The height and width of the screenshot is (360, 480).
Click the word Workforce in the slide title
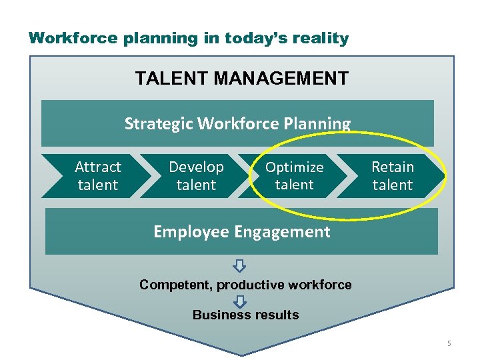click(74, 38)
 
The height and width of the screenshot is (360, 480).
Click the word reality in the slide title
click(322, 39)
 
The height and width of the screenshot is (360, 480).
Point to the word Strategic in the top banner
click(159, 124)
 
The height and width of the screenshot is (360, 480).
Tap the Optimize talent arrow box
click(294, 176)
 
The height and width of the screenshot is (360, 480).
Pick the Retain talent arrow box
click(392, 176)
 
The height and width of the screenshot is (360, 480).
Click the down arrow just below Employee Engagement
click(240, 267)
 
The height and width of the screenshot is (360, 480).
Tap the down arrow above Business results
click(240, 301)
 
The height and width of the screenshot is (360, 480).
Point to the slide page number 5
click(449, 343)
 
